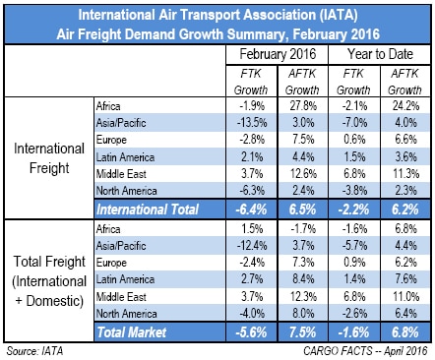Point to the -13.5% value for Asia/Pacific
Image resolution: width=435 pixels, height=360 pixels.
coord(244,121)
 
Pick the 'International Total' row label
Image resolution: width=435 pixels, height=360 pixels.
coord(149,209)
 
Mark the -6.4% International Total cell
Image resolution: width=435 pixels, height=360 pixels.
coord(244,209)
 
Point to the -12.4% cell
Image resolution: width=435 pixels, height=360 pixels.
coord(244,243)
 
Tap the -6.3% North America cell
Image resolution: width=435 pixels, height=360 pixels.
coord(244,191)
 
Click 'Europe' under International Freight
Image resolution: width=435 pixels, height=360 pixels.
coord(111,139)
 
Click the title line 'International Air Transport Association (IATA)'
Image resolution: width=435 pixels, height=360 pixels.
coord(217,15)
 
